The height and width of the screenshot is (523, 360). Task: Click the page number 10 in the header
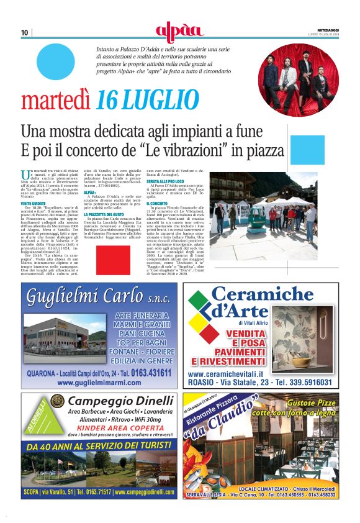pyautogui.click(x=24, y=32)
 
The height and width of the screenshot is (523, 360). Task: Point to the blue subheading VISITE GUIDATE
pyautogui.click(x=35, y=203)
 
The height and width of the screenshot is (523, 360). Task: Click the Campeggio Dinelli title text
pyautogui.click(x=112, y=401)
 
